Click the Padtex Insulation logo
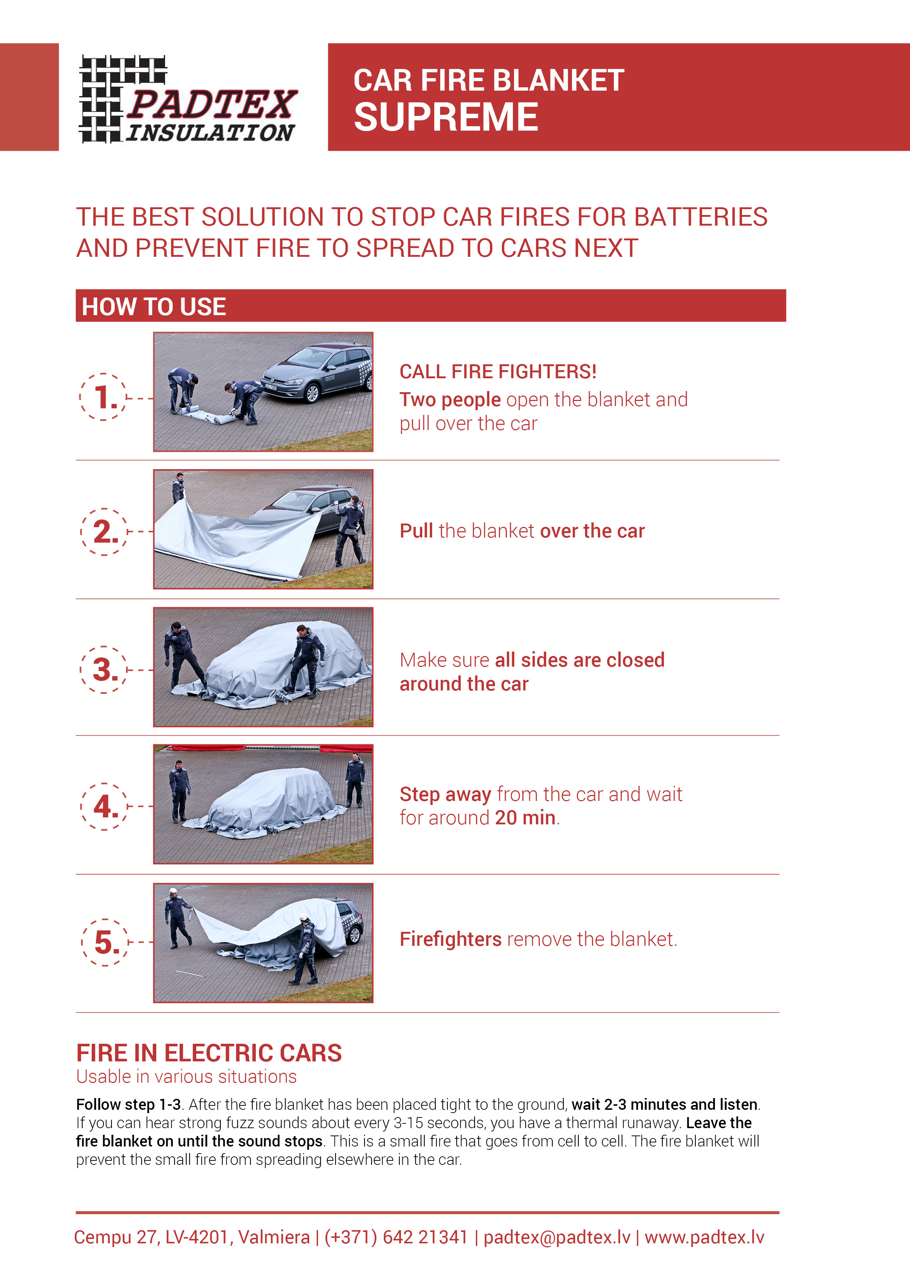point(188,99)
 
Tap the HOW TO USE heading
point(154,307)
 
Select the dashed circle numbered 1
point(103,397)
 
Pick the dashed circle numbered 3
point(104,669)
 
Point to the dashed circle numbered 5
point(105,942)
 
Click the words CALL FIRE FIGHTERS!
point(498,372)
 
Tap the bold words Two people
point(450,400)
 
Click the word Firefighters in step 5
point(450,939)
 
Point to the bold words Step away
point(446,794)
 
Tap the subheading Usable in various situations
point(187,1077)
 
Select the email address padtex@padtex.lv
point(557,1237)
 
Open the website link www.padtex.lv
point(704,1237)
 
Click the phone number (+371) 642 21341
point(396,1237)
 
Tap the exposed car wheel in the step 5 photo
point(355,936)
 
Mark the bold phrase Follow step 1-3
point(128,1104)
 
